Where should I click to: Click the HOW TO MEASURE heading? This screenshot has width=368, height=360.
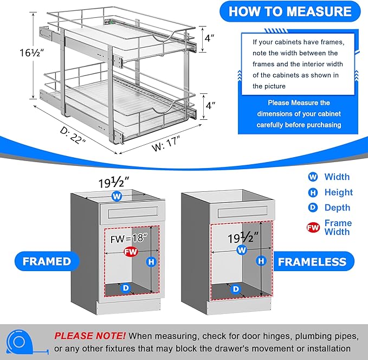pyautogui.click(x=289, y=11)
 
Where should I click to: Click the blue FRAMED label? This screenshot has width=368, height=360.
pyautogui.click(x=47, y=261)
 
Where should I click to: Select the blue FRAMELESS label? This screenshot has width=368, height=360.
pyautogui.click(x=312, y=262)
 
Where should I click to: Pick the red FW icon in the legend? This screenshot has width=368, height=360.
pyautogui.click(x=313, y=227)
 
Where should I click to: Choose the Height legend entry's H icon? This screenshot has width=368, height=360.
pyautogui.click(x=313, y=192)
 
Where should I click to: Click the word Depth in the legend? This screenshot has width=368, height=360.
pyautogui.click(x=337, y=207)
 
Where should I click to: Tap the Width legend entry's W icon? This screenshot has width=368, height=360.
pyautogui.click(x=313, y=177)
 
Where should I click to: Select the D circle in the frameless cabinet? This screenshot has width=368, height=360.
pyautogui.click(x=235, y=289)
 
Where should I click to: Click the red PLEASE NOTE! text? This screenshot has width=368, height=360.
pyautogui.click(x=90, y=336)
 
